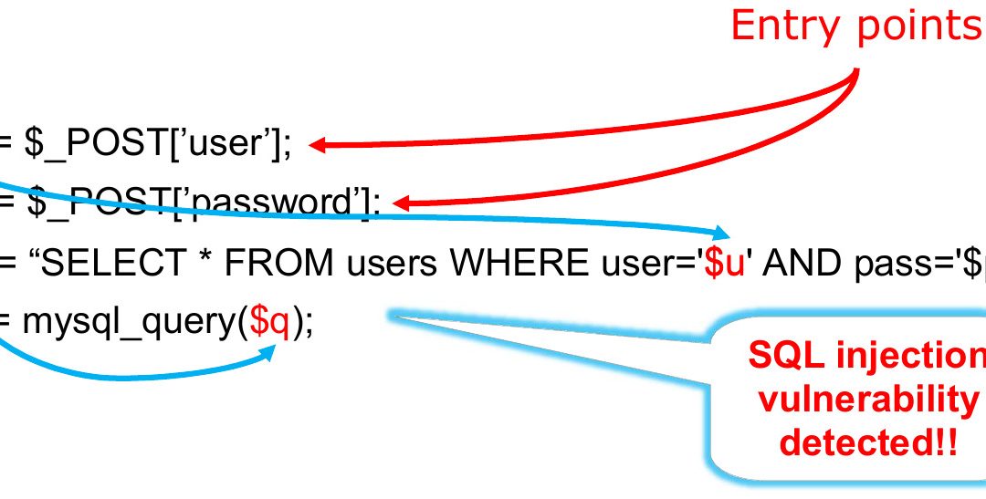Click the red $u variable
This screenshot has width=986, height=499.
(x=719, y=265)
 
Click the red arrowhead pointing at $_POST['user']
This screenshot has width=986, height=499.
(x=320, y=144)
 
